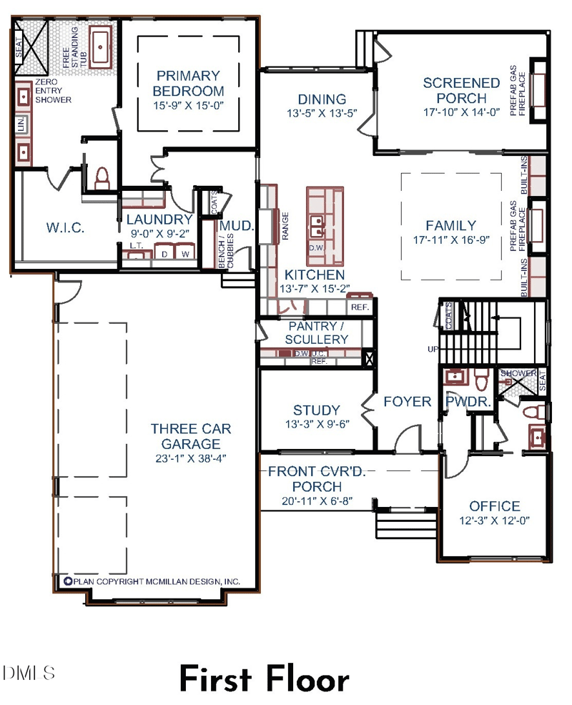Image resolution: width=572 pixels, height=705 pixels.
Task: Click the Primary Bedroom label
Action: click(x=188, y=83)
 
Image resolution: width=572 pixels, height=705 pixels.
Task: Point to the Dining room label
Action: click(x=322, y=99)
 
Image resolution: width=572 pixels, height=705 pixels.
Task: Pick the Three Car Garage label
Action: click(x=191, y=436)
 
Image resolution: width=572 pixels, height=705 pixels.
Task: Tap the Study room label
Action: click(x=317, y=410)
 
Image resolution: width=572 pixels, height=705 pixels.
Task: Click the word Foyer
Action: click(x=407, y=402)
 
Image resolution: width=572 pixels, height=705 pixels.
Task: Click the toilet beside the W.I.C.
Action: click(x=102, y=177)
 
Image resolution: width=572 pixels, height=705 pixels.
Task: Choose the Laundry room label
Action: click(x=159, y=220)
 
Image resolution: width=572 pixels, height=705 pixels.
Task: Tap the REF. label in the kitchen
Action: click(x=359, y=307)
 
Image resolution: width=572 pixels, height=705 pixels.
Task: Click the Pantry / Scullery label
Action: click(x=318, y=332)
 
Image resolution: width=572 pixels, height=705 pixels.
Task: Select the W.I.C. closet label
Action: click(x=66, y=228)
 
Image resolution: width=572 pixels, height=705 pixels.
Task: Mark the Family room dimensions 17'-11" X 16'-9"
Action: click(x=450, y=240)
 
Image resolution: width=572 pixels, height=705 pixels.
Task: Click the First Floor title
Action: click(x=264, y=679)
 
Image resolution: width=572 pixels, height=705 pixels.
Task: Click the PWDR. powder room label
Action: click(x=468, y=403)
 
